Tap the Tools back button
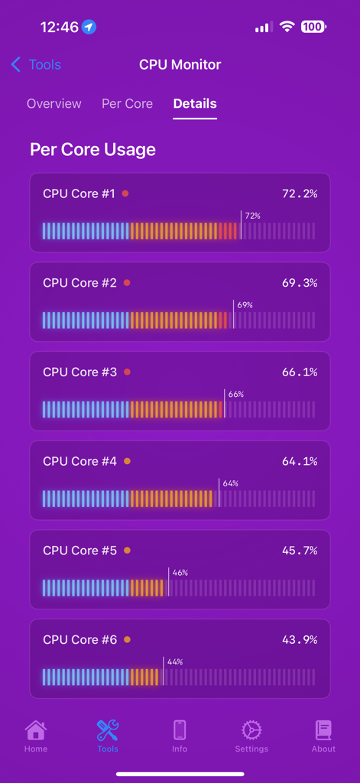coord(36,65)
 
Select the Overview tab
coord(54,104)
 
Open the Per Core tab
coord(127,104)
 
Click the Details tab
coord(195,104)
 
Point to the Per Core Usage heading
coord(92,149)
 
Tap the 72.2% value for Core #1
coord(300,193)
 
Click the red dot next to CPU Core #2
coord(127,283)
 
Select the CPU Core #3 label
coord(79,372)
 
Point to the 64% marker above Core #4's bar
coord(230,483)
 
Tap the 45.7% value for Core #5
coord(300,551)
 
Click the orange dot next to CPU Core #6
coord(127,639)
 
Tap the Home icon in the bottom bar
coord(36,730)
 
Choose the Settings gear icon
coord(251,730)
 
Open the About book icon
coord(323,730)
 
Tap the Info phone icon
coord(180,730)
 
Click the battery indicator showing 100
coord(313,27)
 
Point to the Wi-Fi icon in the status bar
coord(287,27)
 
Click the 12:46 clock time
coord(59,27)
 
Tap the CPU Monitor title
coord(180,65)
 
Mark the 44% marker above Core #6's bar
coord(174,661)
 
